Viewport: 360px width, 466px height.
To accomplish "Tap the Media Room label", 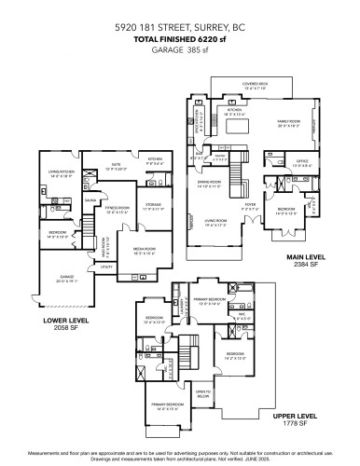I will [x=144, y=250].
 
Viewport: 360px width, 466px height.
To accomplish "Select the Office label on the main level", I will [x=302, y=163].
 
